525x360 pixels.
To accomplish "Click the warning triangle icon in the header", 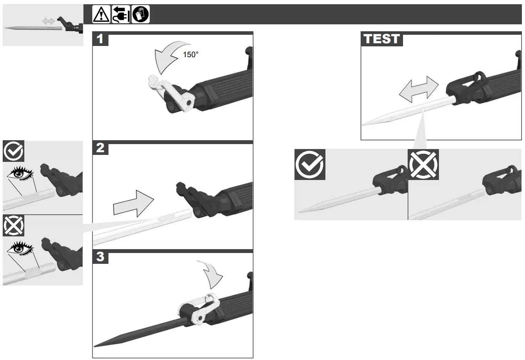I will coord(101,15).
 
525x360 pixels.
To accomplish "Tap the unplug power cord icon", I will coord(121,15).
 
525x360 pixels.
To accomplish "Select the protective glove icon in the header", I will coord(141,15).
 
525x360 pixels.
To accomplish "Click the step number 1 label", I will coord(100,39).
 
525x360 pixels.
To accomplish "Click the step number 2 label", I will coord(100,148).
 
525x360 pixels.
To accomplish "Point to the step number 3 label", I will coord(100,257).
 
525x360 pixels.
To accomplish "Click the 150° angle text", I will coord(190,55).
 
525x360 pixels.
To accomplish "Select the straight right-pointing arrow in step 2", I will coord(133,203).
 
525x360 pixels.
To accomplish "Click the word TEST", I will coord(381,39).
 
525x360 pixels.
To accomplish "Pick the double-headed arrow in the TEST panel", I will coord(418,89).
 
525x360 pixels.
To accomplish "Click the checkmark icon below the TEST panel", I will coord(310,165).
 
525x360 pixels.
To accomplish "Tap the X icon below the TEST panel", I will coord(423,165).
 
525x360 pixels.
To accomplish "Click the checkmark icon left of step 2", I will coord(14,151).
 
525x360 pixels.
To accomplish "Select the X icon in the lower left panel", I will coord(14,226).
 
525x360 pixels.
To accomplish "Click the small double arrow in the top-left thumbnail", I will coord(48,21).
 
